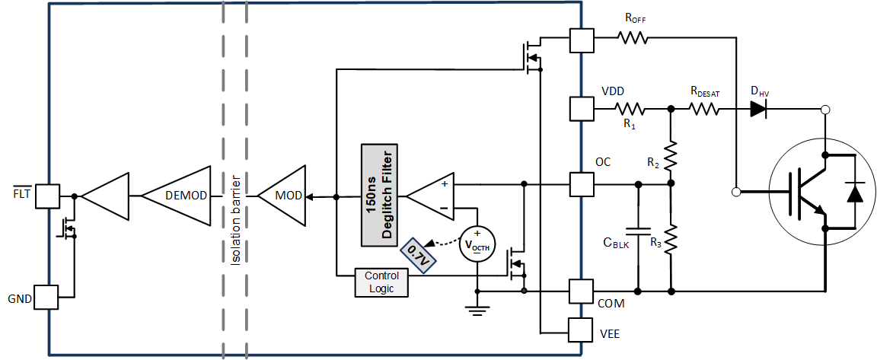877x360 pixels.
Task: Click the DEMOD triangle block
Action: point(180,196)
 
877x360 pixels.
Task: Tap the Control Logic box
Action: point(381,282)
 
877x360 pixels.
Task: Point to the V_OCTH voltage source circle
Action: point(477,244)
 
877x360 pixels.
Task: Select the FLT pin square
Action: point(47,196)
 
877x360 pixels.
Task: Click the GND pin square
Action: point(47,298)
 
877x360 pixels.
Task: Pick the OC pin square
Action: point(582,183)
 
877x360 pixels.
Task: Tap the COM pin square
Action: point(582,291)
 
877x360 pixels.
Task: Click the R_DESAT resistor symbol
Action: point(705,109)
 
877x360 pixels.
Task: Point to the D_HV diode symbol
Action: point(757,109)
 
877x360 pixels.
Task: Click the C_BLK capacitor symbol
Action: point(638,229)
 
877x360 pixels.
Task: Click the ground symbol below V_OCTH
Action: point(477,308)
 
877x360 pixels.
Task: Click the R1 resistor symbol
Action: point(630,109)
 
